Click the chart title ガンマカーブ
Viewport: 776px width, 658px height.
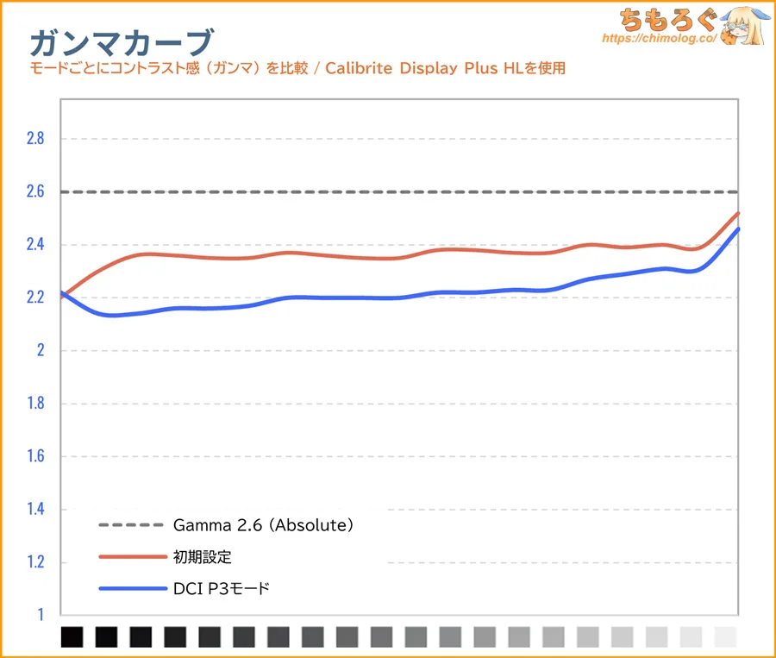tap(121, 41)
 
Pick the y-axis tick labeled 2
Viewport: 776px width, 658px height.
tap(39, 351)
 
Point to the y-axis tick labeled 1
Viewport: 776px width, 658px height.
tap(39, 616)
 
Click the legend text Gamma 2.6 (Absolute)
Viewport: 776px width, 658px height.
tap(264, 524)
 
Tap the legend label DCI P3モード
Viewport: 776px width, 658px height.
tap(222, 589)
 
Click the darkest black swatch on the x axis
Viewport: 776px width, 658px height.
tap(72, 637)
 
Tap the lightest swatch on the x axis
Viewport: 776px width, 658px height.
tap(727, 637)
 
